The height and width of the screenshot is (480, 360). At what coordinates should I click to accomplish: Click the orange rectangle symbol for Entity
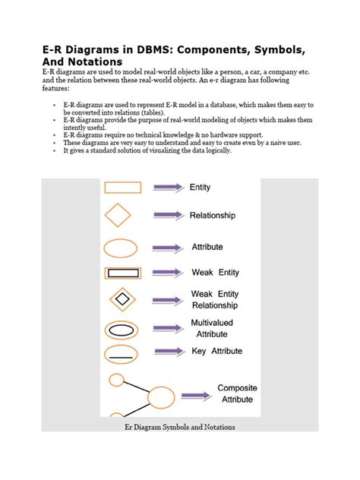[x=122, y=188]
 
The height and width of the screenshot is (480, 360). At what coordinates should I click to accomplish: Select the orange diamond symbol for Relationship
[x=121, y=216]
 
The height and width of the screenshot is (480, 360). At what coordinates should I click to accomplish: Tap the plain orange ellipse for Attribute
[x=121, y=248]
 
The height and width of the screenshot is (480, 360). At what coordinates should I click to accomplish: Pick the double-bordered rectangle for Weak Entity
[x=122, y=273]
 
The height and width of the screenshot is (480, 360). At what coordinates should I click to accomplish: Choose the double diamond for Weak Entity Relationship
[x=121, y=300]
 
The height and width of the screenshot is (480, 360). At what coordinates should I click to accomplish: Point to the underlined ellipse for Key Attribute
[x=121, y=353]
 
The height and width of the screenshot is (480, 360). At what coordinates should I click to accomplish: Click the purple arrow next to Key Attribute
[x=169, y=352]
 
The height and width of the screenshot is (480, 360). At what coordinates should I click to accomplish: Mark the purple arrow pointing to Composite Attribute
[x=196, y=395]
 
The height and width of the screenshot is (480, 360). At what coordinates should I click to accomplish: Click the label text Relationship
[x=212, y=216]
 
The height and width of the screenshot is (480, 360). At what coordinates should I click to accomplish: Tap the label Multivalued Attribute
[x=212, y=328]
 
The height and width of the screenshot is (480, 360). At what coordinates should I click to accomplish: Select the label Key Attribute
[x=216, y=351]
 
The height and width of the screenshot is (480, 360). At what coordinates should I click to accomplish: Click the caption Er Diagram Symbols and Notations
[x=180, y=427]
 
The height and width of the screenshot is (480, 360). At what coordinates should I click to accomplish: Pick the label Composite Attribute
[x=237, y=393]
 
